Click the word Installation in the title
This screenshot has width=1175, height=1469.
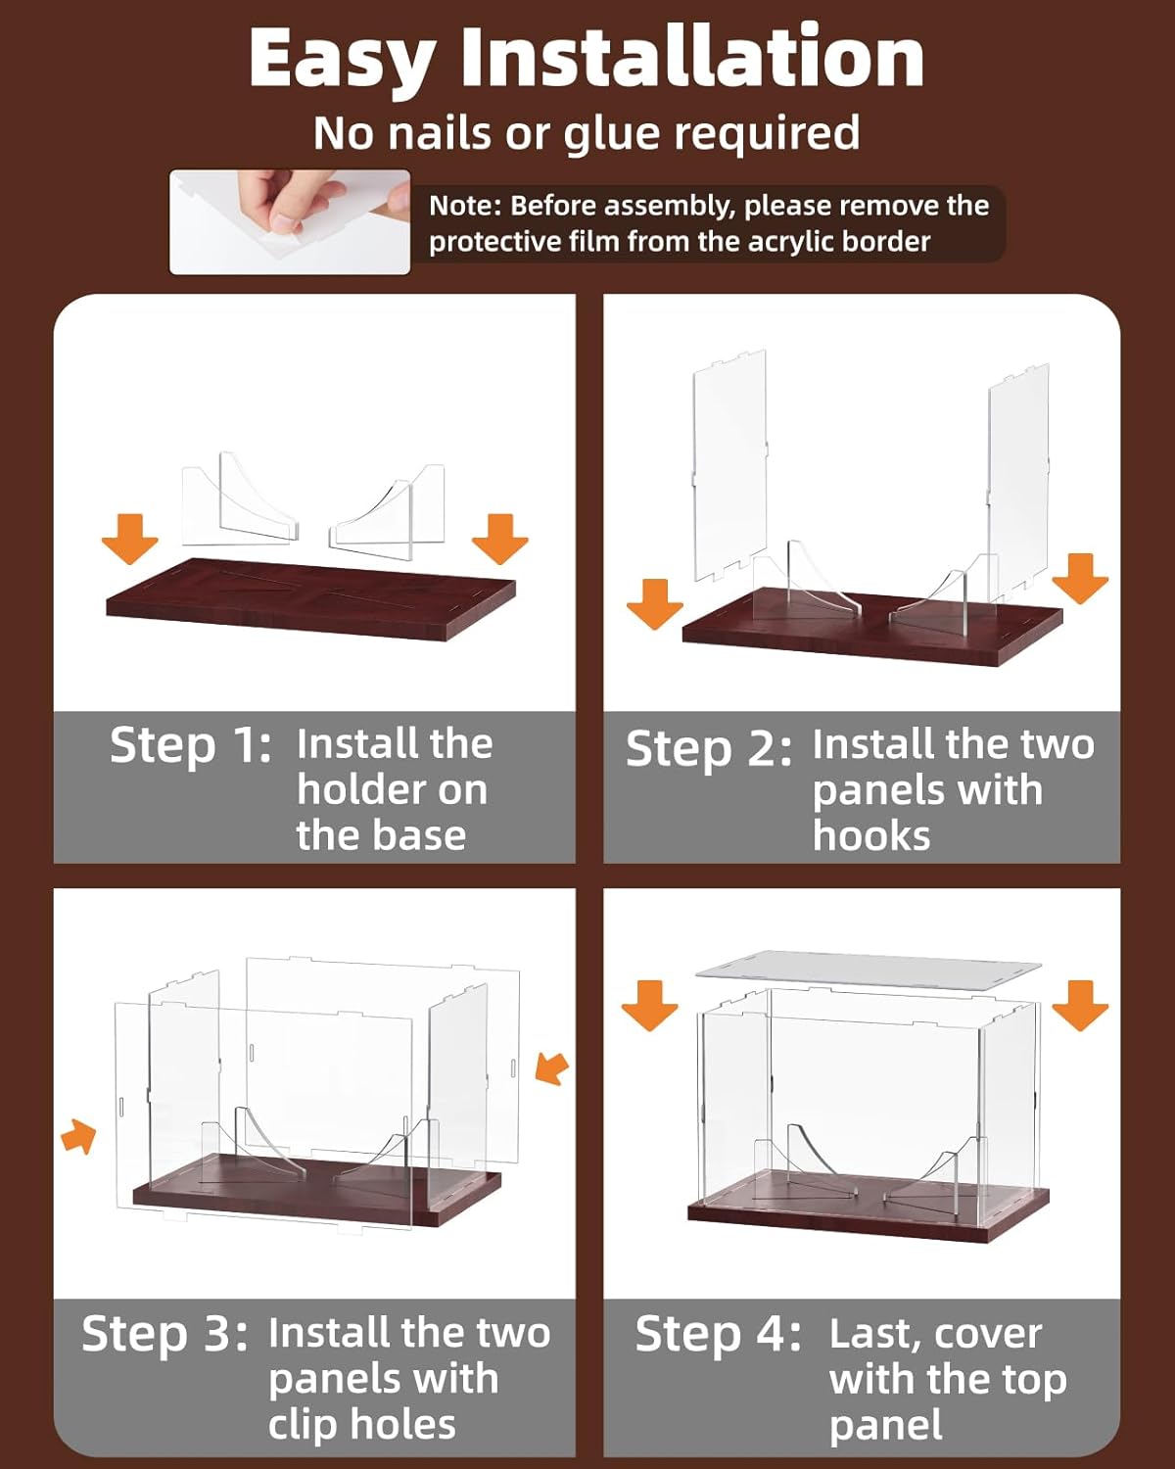(692, 59)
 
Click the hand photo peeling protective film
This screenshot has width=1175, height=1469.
(290, 221)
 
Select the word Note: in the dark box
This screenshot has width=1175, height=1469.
(465, 206)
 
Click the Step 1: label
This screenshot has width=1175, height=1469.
(190, 745)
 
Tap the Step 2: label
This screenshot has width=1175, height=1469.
(708, 749)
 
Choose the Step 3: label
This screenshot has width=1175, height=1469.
(164, 1334)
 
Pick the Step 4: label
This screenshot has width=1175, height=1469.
(718, 1334)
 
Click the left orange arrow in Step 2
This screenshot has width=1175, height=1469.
(654, 602)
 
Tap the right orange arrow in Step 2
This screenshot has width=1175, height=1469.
(1080, 578)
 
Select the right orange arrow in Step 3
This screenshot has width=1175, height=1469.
(552, 1068)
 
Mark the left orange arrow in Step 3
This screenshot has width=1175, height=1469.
(79, 1137)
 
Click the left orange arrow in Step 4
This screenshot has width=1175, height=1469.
(649, 1005)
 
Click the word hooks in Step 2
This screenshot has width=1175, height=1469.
(870, 836)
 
